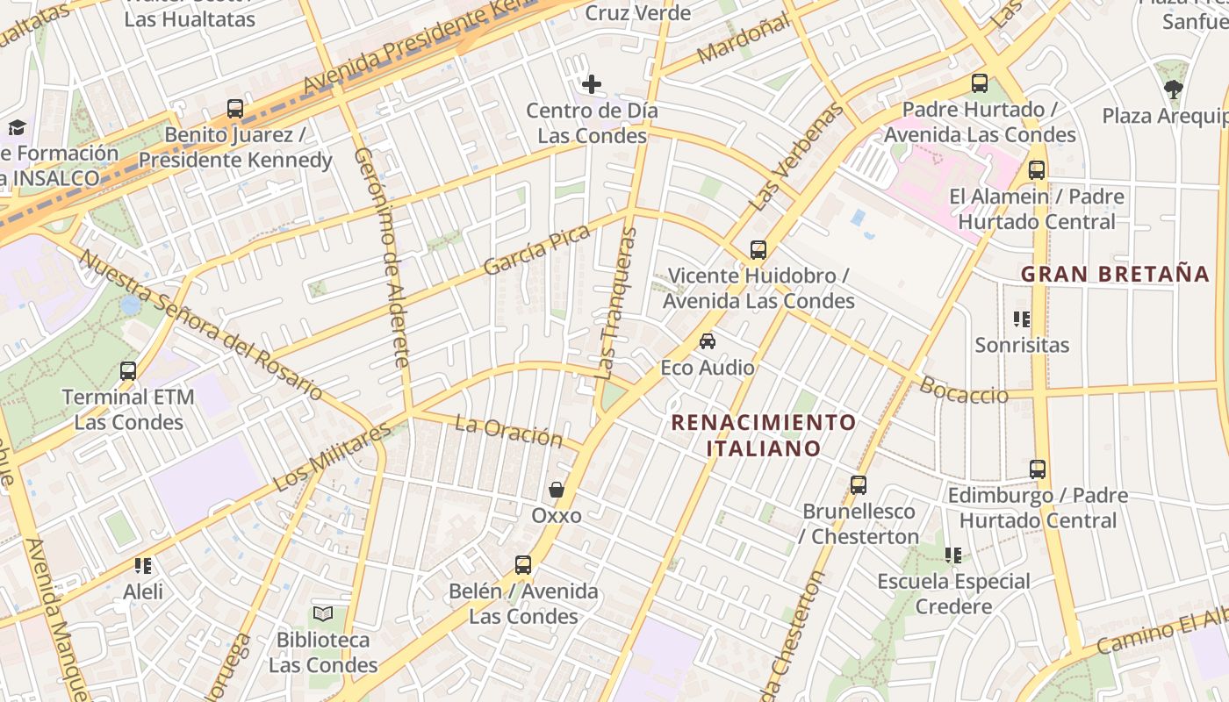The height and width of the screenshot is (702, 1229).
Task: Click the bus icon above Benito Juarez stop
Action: [x=235, y=109]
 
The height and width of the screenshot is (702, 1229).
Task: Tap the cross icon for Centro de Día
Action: [x=592, y=84]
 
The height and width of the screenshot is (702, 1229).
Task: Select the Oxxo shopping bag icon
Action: [x=556, y=489]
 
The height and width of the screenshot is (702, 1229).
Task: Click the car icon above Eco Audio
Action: [x=708, y=340]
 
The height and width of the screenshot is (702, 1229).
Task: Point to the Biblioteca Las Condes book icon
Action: [x=323, y=613]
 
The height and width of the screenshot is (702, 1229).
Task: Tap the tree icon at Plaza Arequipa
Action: [x=1173, y=89]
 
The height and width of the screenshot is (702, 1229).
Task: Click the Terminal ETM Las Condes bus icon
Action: [x=128, y=370]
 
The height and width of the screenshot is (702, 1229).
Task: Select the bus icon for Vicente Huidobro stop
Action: [x=758, y=249]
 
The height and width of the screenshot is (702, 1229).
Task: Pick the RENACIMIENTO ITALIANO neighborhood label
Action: [x=763, y=435]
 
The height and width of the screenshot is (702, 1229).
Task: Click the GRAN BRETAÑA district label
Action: [x=1115, y=274]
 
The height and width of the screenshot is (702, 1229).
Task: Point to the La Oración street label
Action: [x=508, y=431]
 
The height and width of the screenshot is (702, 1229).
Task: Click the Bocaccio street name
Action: [x=964, y=390]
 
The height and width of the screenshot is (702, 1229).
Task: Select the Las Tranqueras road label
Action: [x=617, y=303]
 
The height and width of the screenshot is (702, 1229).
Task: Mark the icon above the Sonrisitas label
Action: [x=1022, y=319]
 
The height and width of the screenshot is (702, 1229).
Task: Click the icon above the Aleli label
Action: [x=143, y=565]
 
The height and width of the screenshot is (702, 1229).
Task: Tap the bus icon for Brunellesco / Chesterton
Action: [x=859, y=484]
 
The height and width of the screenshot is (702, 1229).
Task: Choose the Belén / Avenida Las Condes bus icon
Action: [x=523, y=564]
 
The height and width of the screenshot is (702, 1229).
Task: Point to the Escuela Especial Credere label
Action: [x=953, y=594]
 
